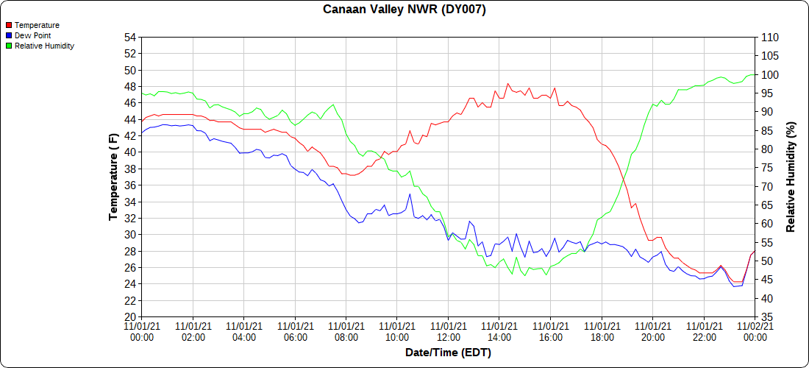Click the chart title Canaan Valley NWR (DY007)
pyautogui.click(x=404, y=10)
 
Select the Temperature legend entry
pyautogui.click(x=37, y=25)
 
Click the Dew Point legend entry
pyautogui.click(x=32, y=35)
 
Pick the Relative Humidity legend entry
pyautogui.click(x=44, y=46)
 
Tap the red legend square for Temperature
pyautogui.click(x=8, y=25)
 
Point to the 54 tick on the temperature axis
pyautogui.click(x=130, y=38)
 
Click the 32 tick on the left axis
pyautogui.click(x=130, y=218)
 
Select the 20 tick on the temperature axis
pyautogui.click(x=130, y=316)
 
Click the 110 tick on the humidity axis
pyautogui.click(x=769, y=38)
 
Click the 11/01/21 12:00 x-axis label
pyautogui.click(x=448, y=331)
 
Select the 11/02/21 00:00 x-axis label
pyautogui.click(x=755, y=331)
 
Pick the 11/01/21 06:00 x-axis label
pyautogui.click(x=295, y=331)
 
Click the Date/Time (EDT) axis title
pyautogui.click(x=448, y=353)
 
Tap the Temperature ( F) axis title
pyautogui.click(x=113, y=177)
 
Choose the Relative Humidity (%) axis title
pyautogui.click(x=791, y=177)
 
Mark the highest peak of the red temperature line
pyautogui.click(x=507, y=84)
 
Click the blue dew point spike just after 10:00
pyautogui.click(x=410, y=194)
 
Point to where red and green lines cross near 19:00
pyautogui.click(x=624, y=179)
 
